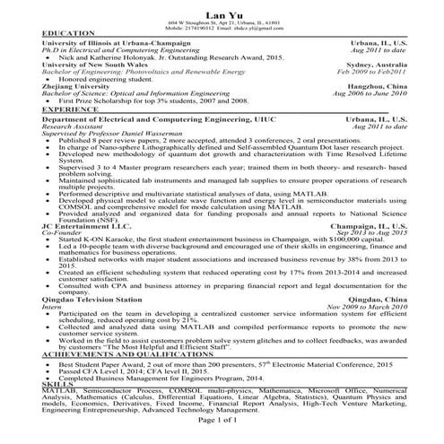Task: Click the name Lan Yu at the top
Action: [x=221, y=10]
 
